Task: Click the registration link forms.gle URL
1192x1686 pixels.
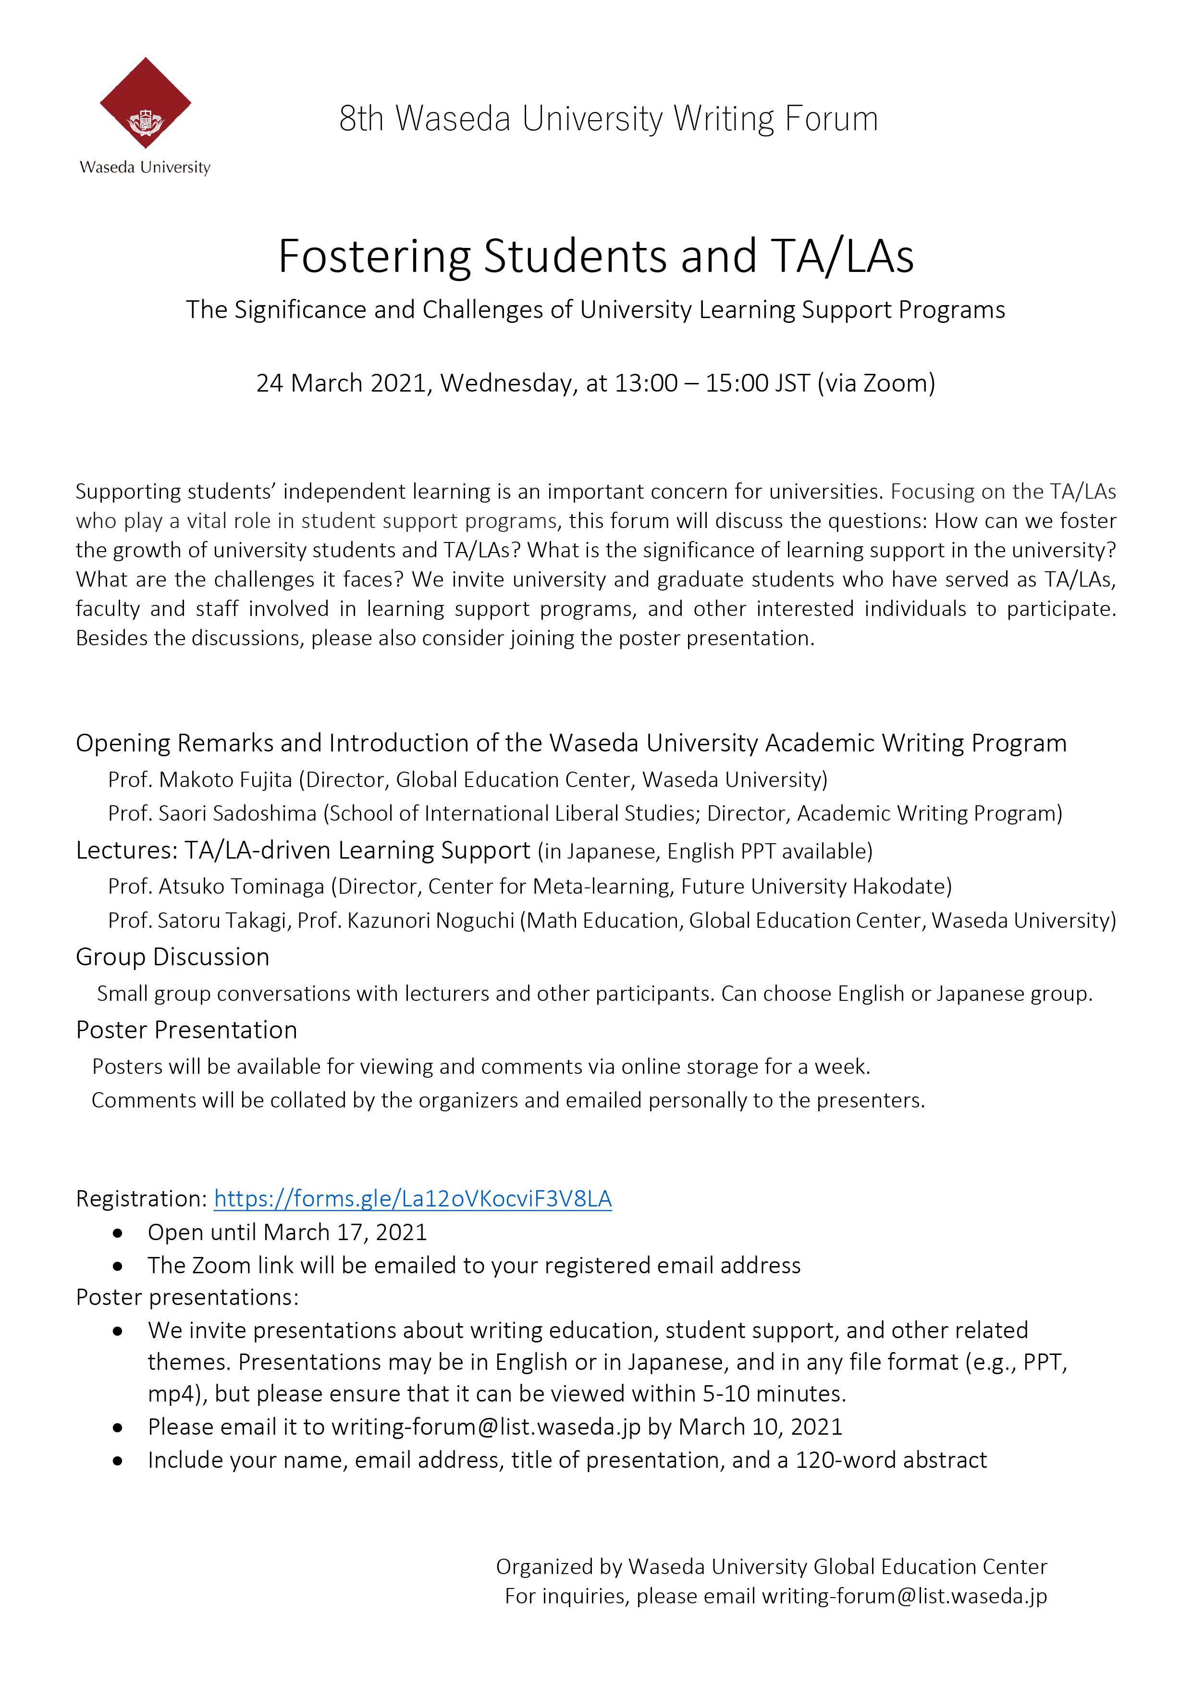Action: (x=413, y=1198)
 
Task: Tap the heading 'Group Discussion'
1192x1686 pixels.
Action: (x=172, y=957)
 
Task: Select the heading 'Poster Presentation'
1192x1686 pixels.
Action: (x=186, y=1030)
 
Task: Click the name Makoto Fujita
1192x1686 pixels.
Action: (x=225, y=779)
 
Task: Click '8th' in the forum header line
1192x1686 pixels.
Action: (x=361, y=119)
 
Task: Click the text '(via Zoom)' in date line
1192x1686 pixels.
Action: (x=876, y=383)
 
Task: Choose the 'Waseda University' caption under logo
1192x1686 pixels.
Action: (x=146, y=167)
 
